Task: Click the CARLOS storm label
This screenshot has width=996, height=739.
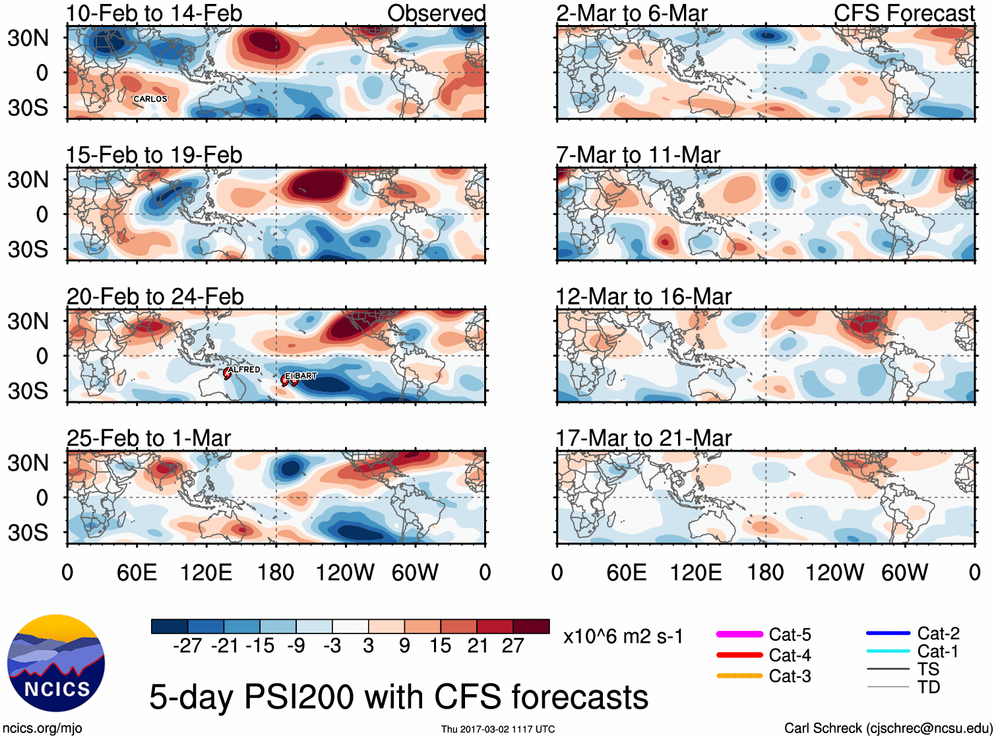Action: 150,99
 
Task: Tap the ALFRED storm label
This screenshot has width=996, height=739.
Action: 245,369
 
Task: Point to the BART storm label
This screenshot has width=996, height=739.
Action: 305,376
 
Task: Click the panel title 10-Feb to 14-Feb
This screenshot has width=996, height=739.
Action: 154,13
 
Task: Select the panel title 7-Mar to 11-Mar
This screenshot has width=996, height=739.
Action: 638,155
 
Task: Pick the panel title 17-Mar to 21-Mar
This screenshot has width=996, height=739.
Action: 644,438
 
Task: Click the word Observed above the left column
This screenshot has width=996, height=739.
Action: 437,13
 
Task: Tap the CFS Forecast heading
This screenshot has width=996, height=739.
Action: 904,13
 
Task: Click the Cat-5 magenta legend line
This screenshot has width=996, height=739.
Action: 739,634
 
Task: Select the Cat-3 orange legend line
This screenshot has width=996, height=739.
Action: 739,676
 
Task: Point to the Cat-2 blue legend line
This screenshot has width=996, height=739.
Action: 888,634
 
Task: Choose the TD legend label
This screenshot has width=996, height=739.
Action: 929,688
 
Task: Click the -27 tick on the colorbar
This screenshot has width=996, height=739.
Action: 187,645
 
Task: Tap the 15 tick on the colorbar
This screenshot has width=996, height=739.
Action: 441,645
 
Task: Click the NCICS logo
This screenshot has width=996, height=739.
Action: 56,663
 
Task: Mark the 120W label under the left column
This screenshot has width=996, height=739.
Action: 345,572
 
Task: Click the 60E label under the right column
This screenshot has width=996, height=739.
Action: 627,572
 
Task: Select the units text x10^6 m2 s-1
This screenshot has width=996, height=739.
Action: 623,637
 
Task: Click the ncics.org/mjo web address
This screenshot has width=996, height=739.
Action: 42,728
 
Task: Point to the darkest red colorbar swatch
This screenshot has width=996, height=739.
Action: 531,626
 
